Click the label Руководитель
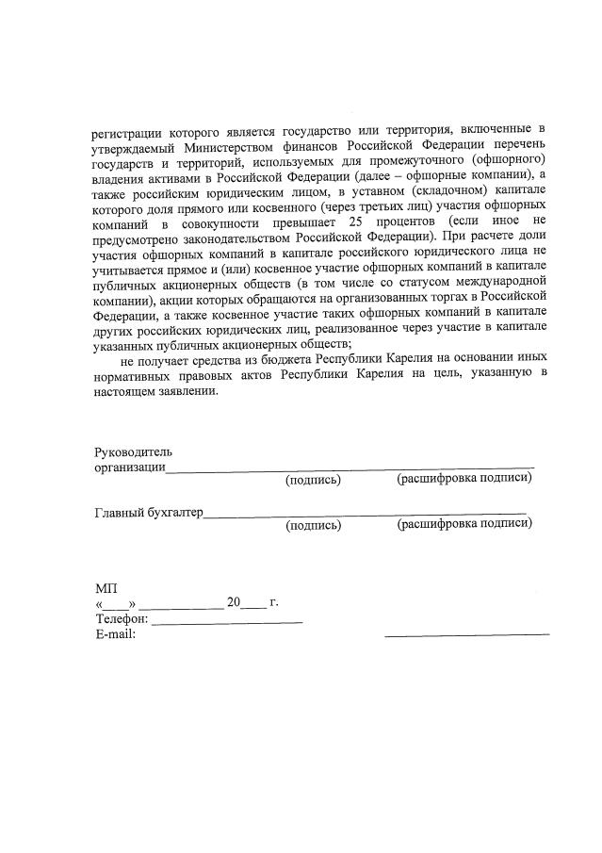[x=133, y=452]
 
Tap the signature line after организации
[x=350, y=466]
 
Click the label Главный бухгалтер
[x=148, y=513]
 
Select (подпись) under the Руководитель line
[x=313, y=480]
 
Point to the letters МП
[x=106, y=588]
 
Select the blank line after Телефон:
[x=227, y=622]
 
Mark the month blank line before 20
[x=182, y=606]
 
